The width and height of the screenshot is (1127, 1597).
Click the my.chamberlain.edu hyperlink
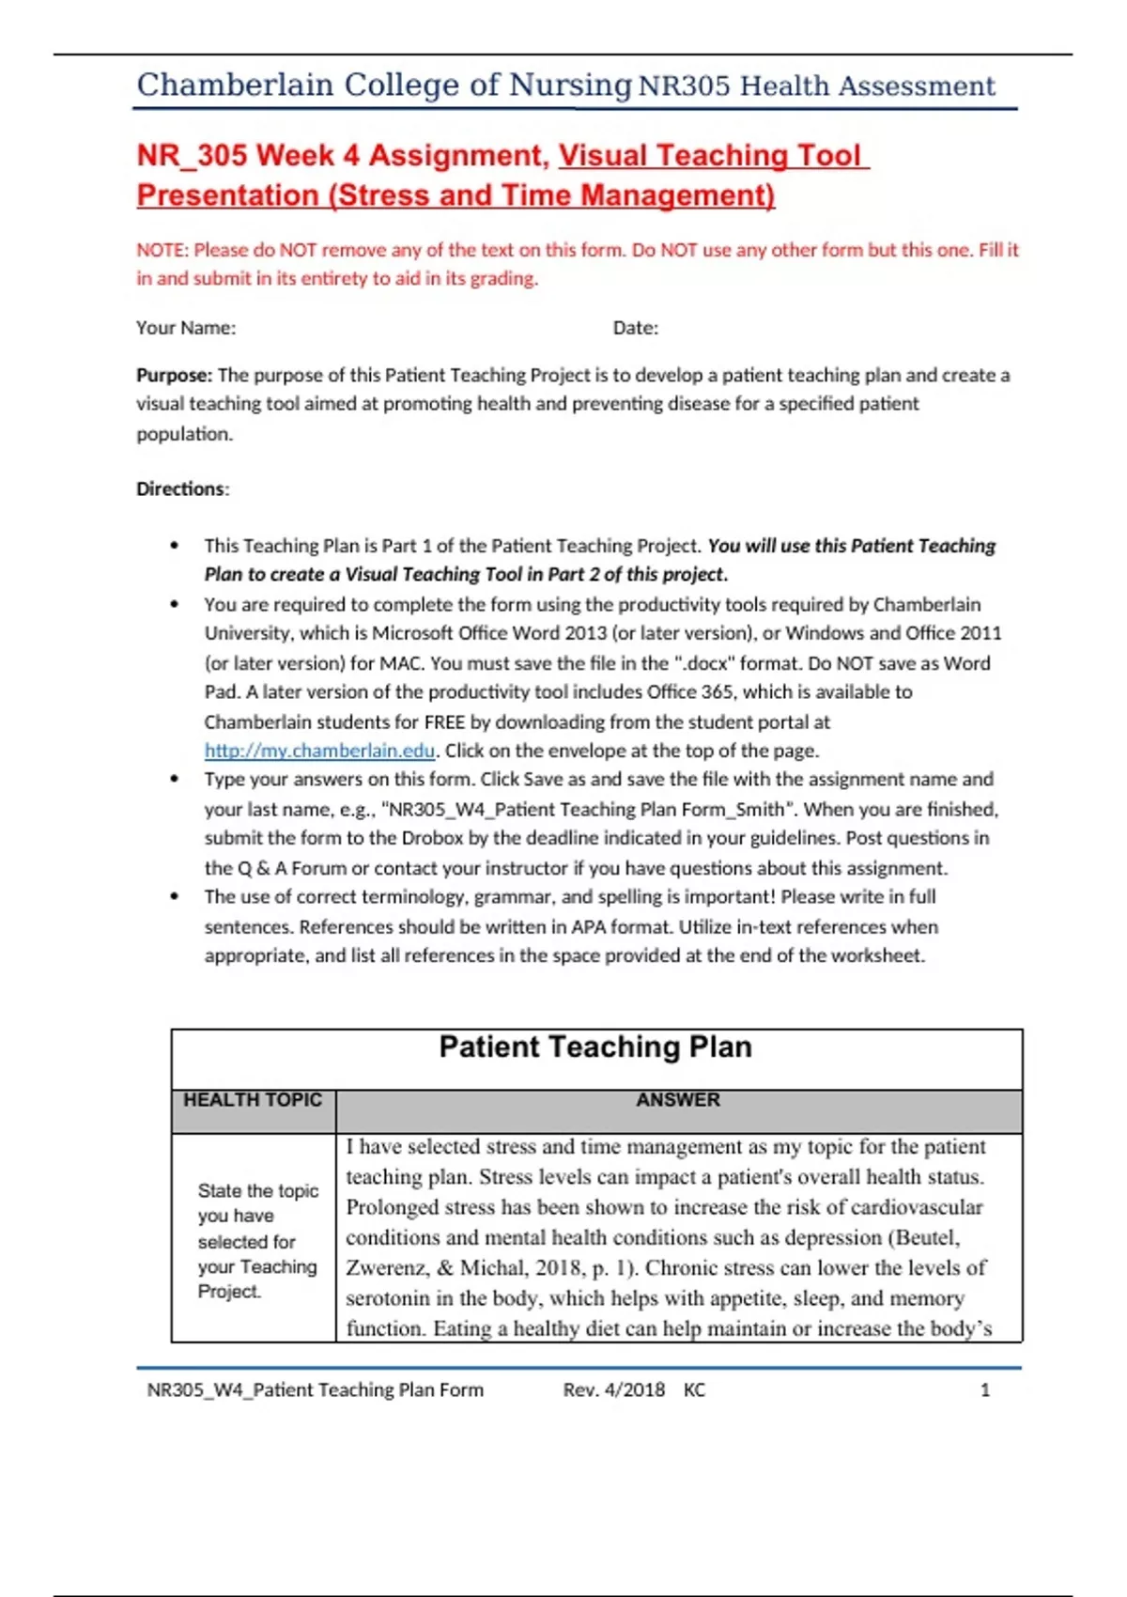pos(319,751)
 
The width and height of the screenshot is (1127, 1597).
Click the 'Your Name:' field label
pos(186,328)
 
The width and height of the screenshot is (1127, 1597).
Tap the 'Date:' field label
pos(636,328)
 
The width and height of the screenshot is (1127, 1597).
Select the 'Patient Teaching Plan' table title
pos(595,1047)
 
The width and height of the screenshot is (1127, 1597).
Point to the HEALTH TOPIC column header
pos(253,1100)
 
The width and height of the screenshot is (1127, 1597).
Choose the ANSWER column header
pos(678,1100)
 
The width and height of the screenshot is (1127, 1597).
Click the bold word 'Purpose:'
pos(175,375)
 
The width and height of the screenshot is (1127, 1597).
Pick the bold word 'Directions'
pos(181,488)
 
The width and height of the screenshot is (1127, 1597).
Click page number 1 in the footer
pos(985,1389)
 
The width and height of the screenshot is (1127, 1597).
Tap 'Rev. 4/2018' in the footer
pos(614,1389)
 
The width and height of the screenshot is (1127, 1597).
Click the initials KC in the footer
pos(694,1389)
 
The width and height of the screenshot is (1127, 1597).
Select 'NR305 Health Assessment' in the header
pos(816,86)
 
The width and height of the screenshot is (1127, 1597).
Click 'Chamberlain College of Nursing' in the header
pos(384,85)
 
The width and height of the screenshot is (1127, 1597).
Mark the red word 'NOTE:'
pos(162,250)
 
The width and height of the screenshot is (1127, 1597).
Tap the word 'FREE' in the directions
pos(444,721)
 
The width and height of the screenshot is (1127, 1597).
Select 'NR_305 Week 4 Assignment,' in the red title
pos(344,155)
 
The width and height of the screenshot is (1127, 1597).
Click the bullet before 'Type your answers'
pos(175,779)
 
